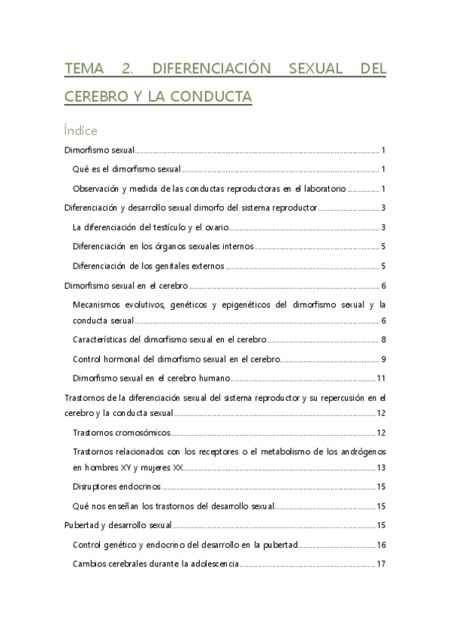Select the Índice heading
click(80, 131)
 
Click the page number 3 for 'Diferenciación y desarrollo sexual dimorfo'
click(383, 208)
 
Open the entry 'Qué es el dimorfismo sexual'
click(127, 169)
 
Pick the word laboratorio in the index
click(321, 188)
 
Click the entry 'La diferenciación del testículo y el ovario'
click(149, 227)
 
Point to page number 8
click(383, 339)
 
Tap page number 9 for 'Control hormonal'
click(383, 359)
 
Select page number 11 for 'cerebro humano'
click(381, 378)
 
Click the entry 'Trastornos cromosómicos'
click(122, 433)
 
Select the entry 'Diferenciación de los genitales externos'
click(149, 266)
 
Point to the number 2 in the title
click(125, 69)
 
